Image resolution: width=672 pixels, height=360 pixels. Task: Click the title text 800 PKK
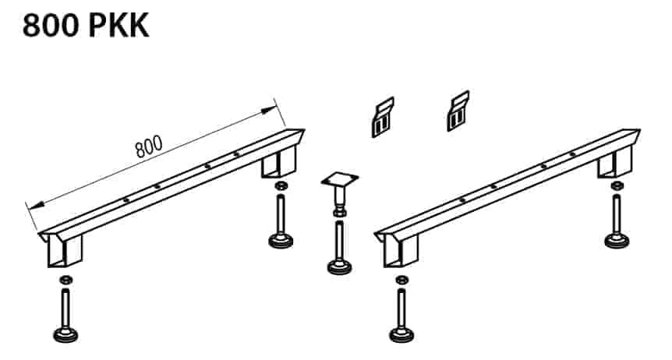tap(86, 26)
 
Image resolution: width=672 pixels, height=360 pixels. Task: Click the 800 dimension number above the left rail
tap(149, 146)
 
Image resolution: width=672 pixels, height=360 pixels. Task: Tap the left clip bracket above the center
tap(382, 117)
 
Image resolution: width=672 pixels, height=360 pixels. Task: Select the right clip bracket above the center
tap(458, 111)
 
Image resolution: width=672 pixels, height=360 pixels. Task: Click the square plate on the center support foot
tap(340, 178)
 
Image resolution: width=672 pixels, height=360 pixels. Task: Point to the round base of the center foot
tap(339, 268)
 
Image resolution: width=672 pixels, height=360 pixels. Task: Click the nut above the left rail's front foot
tap(65, 280)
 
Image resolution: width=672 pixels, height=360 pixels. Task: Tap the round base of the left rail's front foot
tap(65, 335)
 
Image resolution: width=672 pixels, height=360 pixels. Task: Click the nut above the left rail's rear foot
tap(281, 186)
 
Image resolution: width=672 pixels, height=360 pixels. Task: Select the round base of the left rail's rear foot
tap(281, 241)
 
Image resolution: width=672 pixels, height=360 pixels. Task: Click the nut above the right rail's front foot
tap(402, 280)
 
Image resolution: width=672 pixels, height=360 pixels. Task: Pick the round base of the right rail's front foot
tap(402, 335)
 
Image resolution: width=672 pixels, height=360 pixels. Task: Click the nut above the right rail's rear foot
tap(617, 186)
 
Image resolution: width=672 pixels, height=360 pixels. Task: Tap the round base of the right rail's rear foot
tap(617, 241)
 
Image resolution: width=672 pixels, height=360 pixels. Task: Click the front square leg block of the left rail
tap(64, 251)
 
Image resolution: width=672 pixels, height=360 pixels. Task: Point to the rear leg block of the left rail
tap(279, 161)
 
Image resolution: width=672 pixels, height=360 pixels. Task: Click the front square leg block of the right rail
tap(401, 251)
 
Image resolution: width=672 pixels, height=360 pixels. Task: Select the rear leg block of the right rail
tap(615, 161)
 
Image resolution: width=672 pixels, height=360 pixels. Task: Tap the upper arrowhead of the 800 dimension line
tap(268, 111)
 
